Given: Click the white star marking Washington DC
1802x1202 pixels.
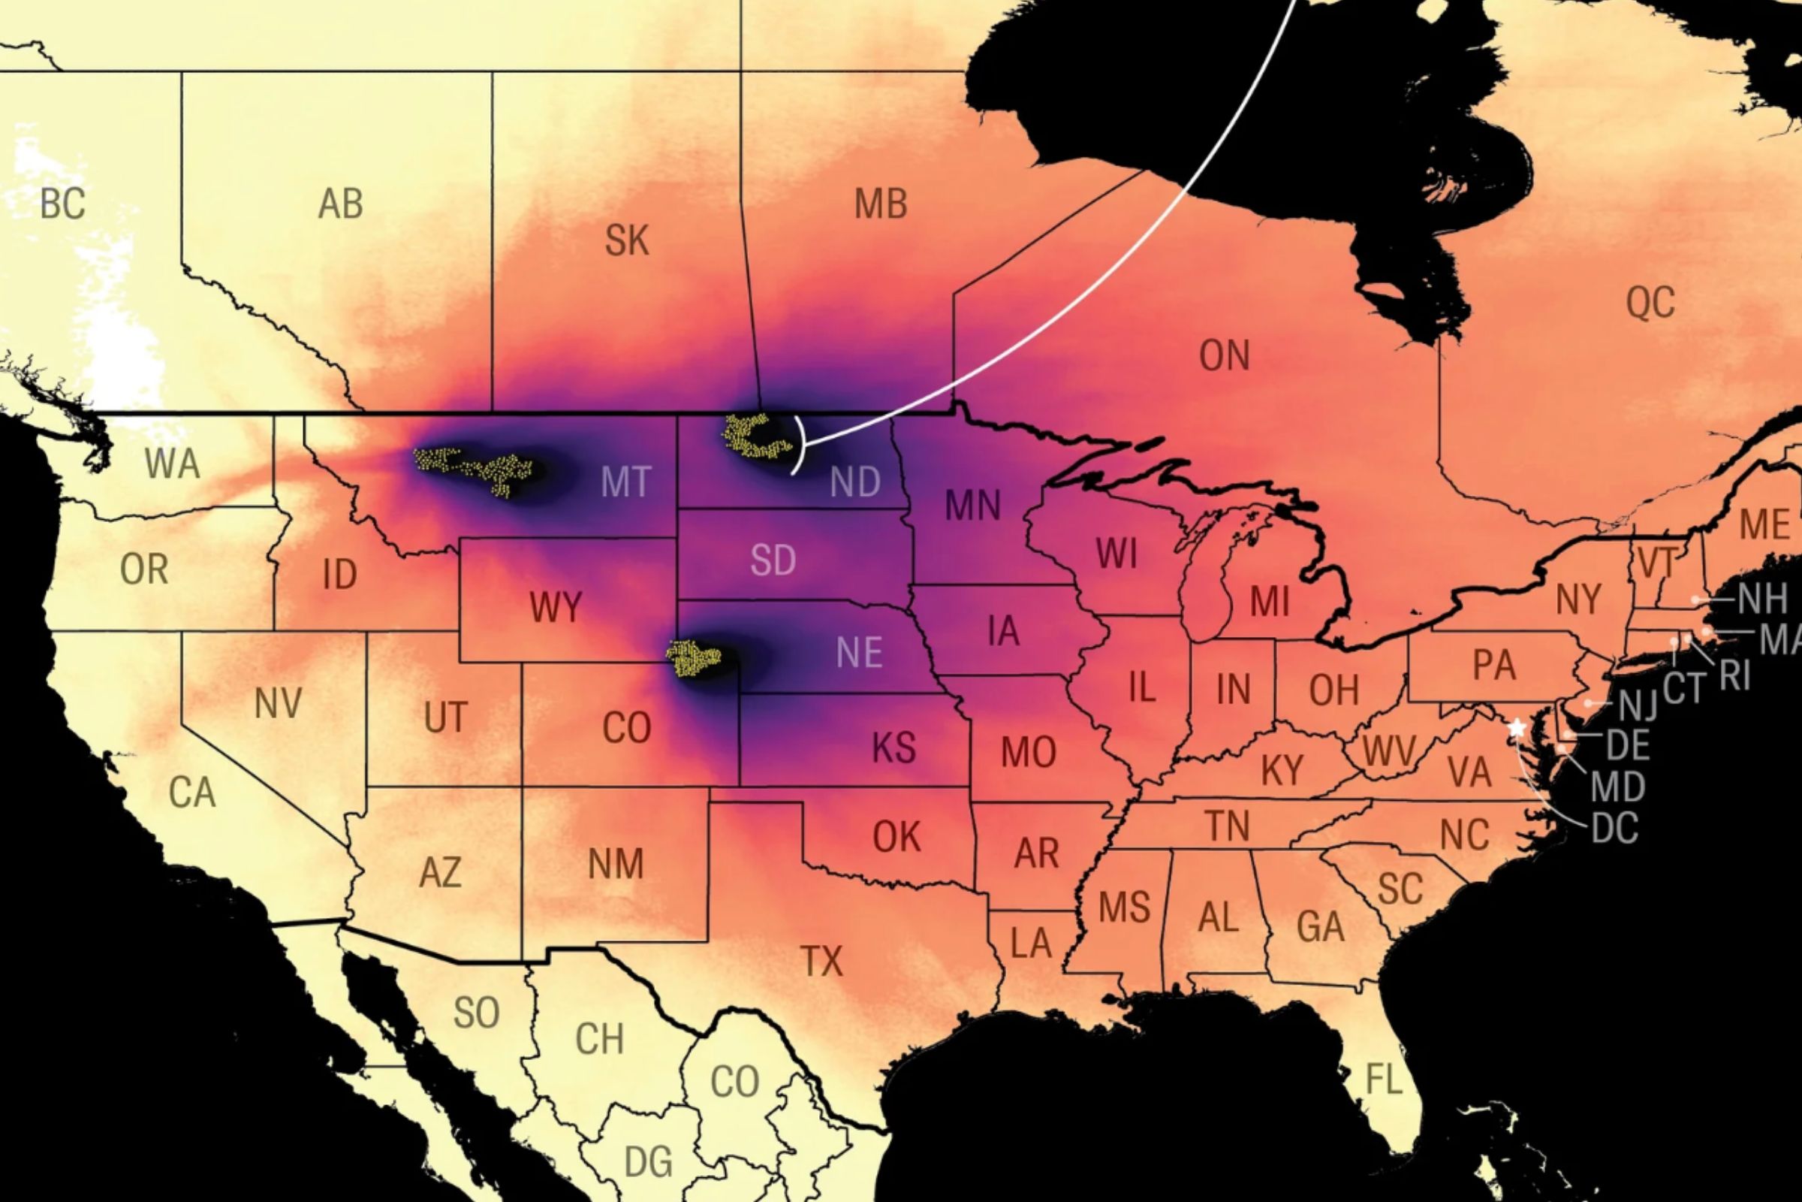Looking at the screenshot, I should (1516, 727).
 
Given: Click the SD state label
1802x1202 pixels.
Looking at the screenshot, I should (773, 560).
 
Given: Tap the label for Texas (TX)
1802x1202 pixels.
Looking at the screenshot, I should (821, 962).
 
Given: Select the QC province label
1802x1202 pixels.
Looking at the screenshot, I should (1650, 302).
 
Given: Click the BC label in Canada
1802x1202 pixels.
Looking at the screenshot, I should (62, 204).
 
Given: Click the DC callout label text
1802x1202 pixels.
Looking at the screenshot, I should (1614, 827).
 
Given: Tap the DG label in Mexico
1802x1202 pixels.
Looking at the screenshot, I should (648, 1161).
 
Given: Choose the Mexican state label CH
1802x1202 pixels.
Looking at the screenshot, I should (599, 1039).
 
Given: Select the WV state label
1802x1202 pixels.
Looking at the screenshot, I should (1389, 751).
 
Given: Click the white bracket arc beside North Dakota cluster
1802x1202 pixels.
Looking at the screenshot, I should (801, 445).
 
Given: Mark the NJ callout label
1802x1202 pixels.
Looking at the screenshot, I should (1638, 705).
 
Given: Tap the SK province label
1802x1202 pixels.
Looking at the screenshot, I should (627, 240).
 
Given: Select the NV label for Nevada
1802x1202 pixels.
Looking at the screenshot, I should (277, 703).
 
